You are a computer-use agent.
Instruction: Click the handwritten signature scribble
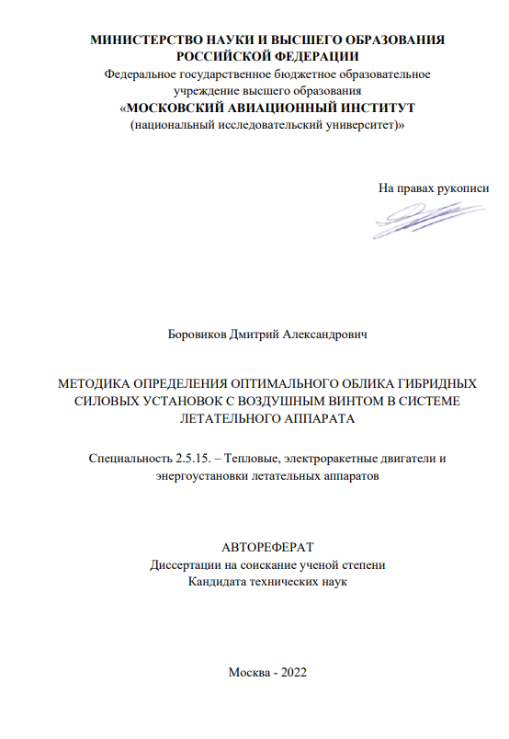[418, 220]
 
